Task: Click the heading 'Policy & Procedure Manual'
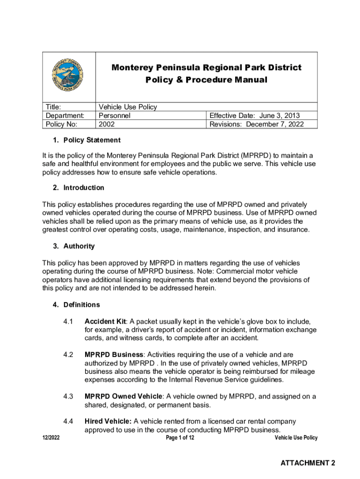pyautogui.click(x=206, y=80)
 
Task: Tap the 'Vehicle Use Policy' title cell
pyautogui.click(x=128, y=107)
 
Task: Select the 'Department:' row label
pyautogui.click(x=65, y=116)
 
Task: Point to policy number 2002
pyautogui.click(x=107, y=124)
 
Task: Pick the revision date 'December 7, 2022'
pyautogui.click(x=275, y=124)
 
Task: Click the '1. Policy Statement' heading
pyautogui.click(x=86, y=140)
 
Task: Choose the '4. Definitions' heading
pyautogui.click(x=76, y=305)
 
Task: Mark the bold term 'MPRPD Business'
pyautogui.click(x=114, y=355)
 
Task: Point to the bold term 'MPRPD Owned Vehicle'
pyautogui.click(x=123, y=397)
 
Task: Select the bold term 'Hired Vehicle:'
pyautogui.click(x=108, y=421)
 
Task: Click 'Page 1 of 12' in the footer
pyautogui.click(x=180, y=438)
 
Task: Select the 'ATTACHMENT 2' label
pyautogui.click(x=308, y=463)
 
